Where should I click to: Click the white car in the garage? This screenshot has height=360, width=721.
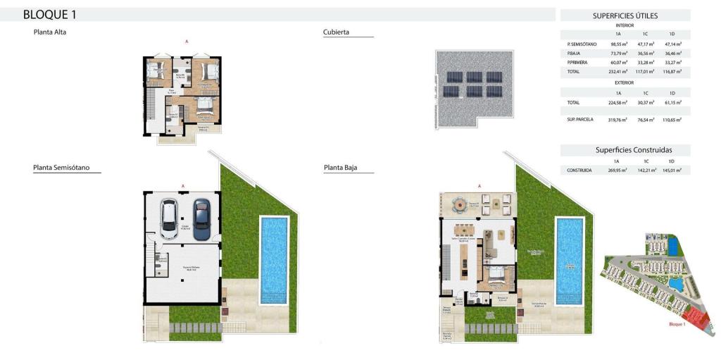(170, 219)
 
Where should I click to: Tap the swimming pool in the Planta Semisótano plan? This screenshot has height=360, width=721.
(274, 259)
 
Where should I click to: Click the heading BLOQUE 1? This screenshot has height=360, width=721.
(50, 14)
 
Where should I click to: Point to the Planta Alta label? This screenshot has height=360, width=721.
(50, 32)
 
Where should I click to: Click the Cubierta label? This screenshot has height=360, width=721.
(336, 32)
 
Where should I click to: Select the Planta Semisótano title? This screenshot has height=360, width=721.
(66, 168)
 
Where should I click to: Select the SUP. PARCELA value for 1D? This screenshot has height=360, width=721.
(672, 120)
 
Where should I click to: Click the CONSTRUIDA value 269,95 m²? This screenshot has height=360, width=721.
(618, 170)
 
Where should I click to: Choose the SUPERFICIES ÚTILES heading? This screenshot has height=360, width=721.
(625, 15)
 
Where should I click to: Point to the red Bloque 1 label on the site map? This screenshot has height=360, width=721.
(677, 324)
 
